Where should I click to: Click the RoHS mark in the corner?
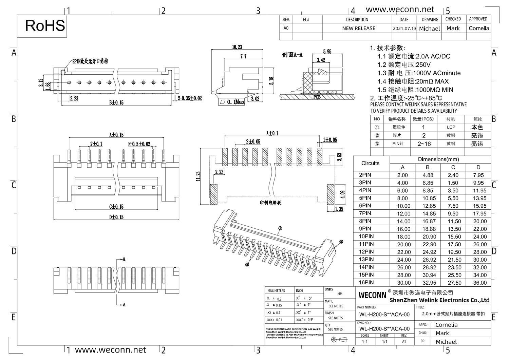45,26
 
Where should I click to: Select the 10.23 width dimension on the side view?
237,47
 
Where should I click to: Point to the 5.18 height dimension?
271,81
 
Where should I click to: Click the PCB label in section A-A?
317,97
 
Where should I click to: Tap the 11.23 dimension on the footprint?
198,176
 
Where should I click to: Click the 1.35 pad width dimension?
339,209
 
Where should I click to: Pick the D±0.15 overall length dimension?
116,217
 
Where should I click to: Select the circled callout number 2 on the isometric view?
341,242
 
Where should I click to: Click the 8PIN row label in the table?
365,221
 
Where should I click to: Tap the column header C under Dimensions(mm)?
453,167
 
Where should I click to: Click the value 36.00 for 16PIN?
480,283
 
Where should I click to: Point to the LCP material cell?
451,127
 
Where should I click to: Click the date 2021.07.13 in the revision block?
404,29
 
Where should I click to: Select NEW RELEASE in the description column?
359,29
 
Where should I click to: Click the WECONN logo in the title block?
372,295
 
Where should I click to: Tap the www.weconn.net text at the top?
400,10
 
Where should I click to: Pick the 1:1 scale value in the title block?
364,342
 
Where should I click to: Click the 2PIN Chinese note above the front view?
90,61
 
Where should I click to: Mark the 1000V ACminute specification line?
419,73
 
